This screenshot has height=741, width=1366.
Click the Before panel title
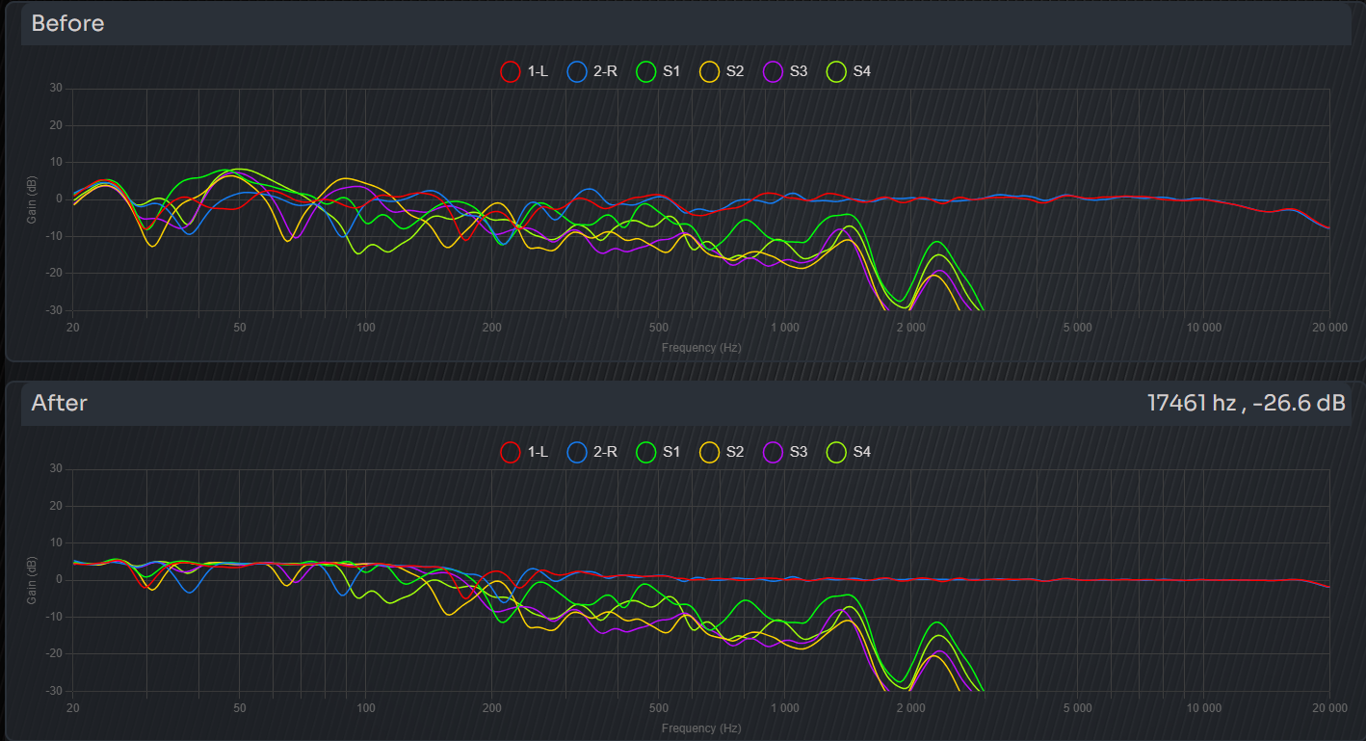(x=67, y=23)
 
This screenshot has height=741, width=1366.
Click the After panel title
(x=60, y=403)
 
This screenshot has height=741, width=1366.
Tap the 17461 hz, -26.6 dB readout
(x=1246, y=403)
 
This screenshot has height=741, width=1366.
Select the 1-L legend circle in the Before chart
(x=511, y=71)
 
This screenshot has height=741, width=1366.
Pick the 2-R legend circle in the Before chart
(x=577, y=71)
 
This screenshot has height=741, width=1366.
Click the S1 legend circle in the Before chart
(x=645, y=71)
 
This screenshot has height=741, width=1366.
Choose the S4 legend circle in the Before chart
(x=836, y=71)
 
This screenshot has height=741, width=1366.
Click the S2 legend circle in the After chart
(x=709, y=452)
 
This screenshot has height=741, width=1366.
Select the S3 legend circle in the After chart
(x=773, y=452)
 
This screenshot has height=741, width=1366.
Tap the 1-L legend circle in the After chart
(x=511, y=452)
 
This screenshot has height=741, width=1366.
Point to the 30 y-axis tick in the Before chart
(x=56, y=89)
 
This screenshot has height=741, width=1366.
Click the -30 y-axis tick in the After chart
(x=54, y=691)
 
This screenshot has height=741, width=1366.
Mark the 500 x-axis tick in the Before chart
(x=660, y=328)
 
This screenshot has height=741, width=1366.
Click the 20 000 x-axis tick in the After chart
(x=1329, y=708)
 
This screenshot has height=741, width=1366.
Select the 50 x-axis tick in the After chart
(x=240, y=708)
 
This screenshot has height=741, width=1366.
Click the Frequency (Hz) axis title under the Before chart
(x=701, y=347)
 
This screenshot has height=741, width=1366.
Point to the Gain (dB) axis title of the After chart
(x=32, y=580)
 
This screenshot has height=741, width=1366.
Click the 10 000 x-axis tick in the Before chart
(x=1203, y=328)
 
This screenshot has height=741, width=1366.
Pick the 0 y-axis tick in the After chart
(x=59, y=580)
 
